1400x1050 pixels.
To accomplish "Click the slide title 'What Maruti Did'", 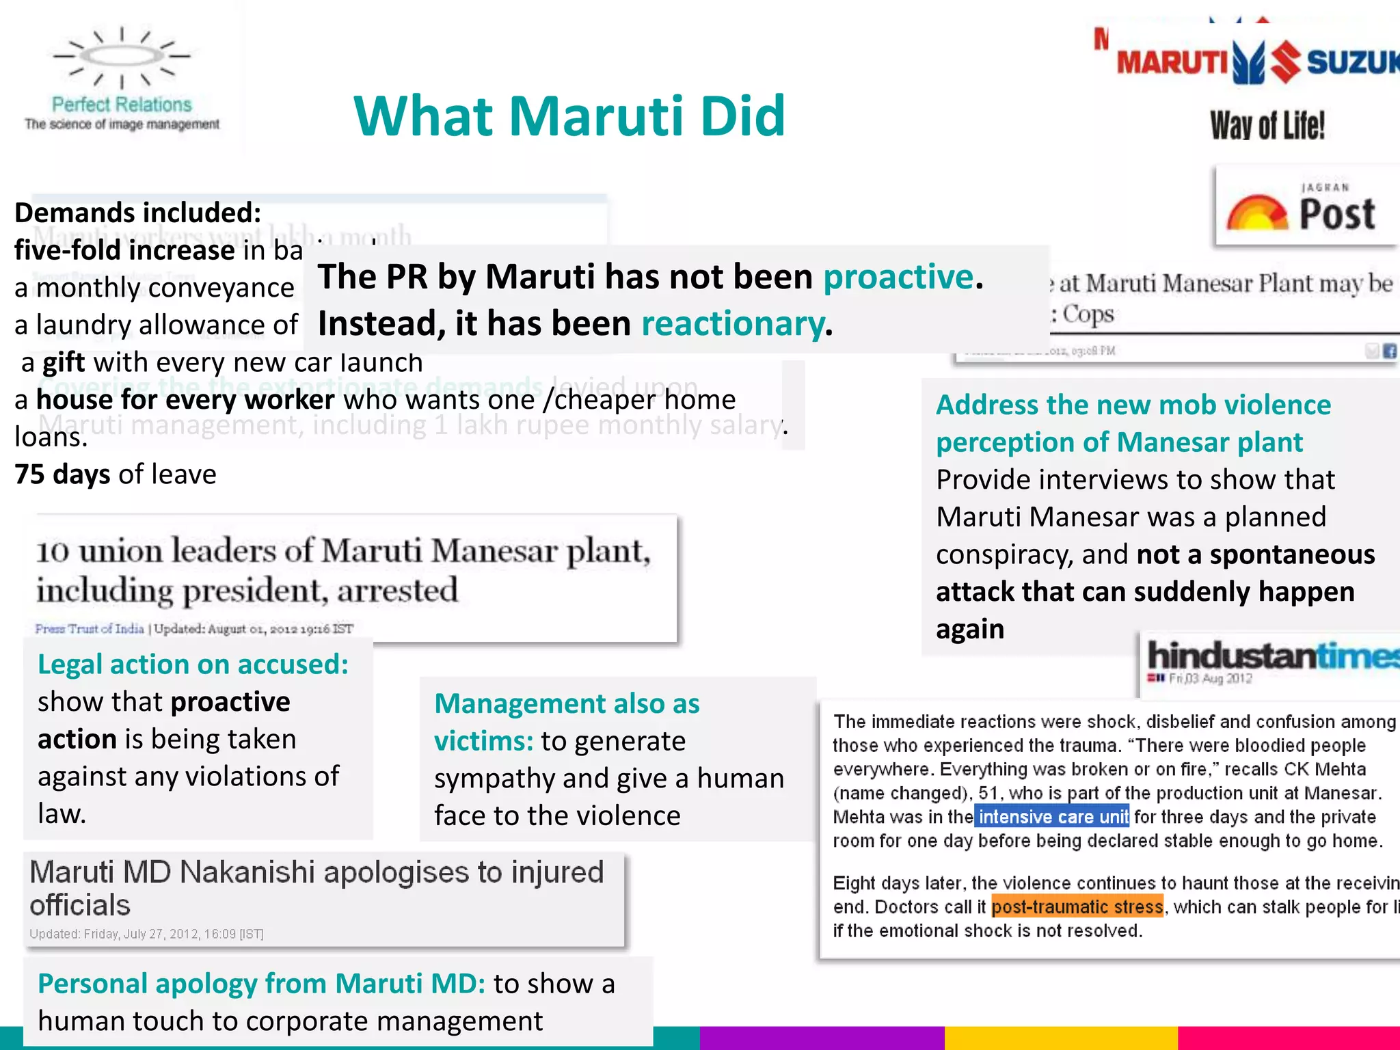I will (x=569, y=116).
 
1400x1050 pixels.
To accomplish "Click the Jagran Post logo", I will (x=1304, y=207).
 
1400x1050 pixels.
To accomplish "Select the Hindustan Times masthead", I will (x=1271, y=656).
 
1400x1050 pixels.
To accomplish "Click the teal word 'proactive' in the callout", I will (x=898, y=277).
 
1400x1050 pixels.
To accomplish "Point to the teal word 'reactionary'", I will (x=732, y=323).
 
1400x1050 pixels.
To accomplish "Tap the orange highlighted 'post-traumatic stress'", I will (x=1077, y=907).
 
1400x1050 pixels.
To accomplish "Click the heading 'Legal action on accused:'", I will (x=193, y=664).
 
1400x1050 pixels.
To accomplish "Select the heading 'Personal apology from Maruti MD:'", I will (x=261, y=984).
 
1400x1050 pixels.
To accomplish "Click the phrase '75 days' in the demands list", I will (x=62, y=474).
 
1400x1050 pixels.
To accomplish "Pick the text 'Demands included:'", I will (x=137, y=213).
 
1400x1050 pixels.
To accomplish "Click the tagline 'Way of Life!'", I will (x=1267, y=126).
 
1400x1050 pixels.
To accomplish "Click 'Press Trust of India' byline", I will (x=90, y=629).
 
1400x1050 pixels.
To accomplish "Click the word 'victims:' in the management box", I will (x=483, y=741).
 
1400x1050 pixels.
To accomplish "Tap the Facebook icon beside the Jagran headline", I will (x=1389, y=351).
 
